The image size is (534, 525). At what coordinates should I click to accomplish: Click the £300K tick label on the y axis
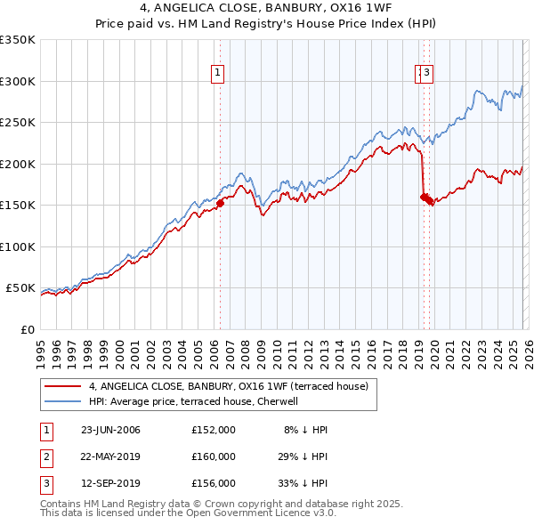pos(18,81)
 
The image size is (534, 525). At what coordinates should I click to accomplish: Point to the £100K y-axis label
pos(18,246)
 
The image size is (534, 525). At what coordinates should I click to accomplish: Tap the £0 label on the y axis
pos(28,329)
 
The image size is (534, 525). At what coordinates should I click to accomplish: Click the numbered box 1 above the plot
pos(218,74)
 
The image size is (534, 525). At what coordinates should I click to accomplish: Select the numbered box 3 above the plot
pos(427,74)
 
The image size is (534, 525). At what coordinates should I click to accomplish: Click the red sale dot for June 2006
pos(220,203)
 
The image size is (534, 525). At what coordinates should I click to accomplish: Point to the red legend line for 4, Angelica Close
pos(63,386)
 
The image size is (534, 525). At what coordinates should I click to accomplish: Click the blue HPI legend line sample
pos(63,401)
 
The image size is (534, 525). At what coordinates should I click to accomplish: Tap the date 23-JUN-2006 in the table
pos(110,430)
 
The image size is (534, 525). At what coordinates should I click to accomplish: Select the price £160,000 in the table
pos(214,456)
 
